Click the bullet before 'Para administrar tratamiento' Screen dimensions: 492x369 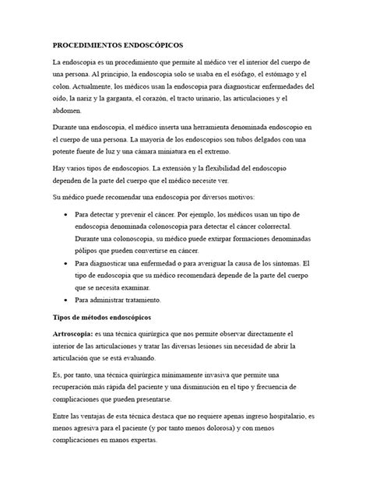(x=65, y=300)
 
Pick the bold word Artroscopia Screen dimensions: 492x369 (x=80, y=335)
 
